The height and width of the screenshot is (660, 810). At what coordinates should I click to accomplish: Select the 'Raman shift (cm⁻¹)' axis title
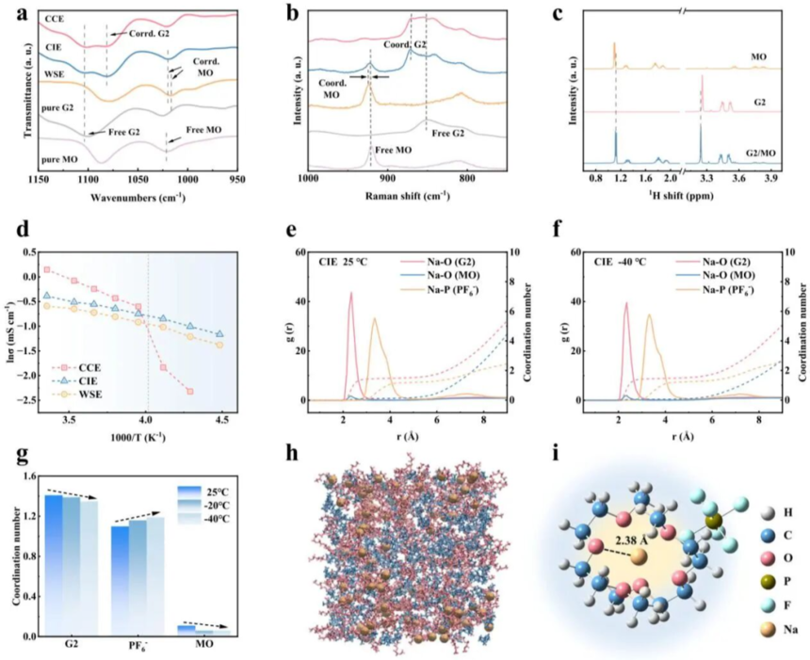tap(408, 196)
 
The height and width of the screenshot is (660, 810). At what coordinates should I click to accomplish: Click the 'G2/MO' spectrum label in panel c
tap(761, 153)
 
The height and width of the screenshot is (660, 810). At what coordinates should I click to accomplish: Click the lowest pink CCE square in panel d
tap(190, 392)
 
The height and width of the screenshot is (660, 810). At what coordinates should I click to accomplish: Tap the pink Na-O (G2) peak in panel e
tap(351, 293)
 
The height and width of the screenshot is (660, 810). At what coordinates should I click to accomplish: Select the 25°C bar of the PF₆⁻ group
tap(121, 581)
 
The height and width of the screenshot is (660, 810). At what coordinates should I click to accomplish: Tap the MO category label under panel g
tap(204, 645)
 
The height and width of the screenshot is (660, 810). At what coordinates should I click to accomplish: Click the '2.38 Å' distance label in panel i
tap(628, 540)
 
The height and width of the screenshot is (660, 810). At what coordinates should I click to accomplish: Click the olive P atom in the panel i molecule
tap(715, 522)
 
